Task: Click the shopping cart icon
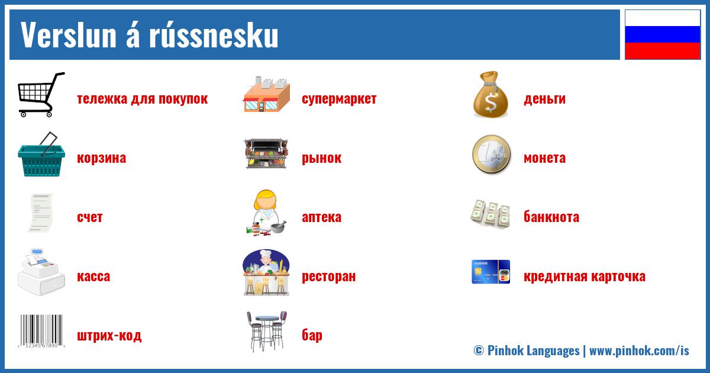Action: (x=40, y=95)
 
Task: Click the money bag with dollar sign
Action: (x=490, y=95)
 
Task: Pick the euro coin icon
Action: (x=490, y=155)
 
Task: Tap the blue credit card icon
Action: (x=490, y=272)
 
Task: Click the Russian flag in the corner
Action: (x=662, y=34)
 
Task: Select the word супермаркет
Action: (x=338, y=98)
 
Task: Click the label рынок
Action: (x=321, y=158)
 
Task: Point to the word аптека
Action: (x=321, y=217)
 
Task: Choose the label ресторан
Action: (x=328, y=276)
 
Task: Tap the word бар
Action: (x=312, y=335)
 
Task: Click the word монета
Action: (x=544, y=158)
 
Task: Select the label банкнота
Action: (x=551, y=217)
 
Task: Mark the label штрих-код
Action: (x=109, y=336)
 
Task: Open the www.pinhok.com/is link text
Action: (x=639, y=351)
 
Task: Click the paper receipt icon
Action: (x=40, y=213)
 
